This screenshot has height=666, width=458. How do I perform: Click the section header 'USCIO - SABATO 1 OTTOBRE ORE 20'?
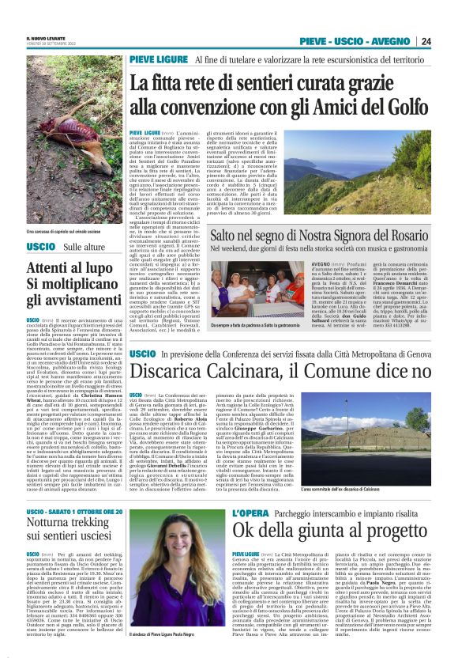(75, 513)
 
